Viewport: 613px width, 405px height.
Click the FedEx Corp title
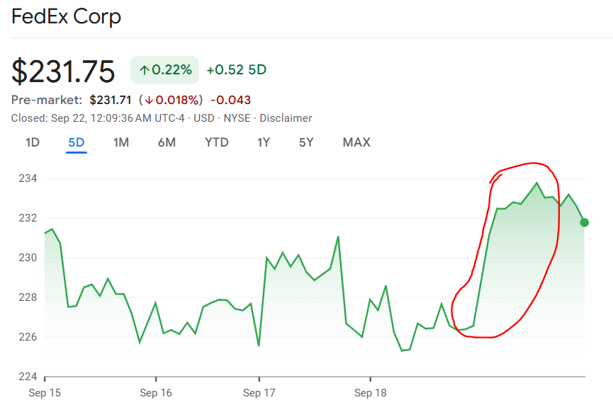tap(66, 16)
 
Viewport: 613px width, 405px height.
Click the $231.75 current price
tap(63, 72)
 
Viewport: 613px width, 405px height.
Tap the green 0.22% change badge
tap(165, 69)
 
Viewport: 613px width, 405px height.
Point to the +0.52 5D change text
tap(236, 69)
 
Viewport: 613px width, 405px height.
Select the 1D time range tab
tap(33, 142)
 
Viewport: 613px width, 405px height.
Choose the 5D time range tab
tap(77, 142)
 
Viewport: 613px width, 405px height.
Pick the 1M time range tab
tap(121, 142)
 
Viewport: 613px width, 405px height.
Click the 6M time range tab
tap(167, 142)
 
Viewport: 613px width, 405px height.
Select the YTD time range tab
tap(217, 142)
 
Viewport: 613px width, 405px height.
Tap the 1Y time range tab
tap(264, 142)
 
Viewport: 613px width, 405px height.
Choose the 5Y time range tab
tap(306, 142)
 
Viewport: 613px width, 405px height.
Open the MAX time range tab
tap(356, 142)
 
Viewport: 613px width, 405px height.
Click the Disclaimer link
tap(286, 118)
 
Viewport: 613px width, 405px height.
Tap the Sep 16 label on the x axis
tap(157, 392)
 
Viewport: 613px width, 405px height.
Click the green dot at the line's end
tap(585, 222)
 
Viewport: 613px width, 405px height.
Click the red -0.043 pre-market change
tap(230, 100)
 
